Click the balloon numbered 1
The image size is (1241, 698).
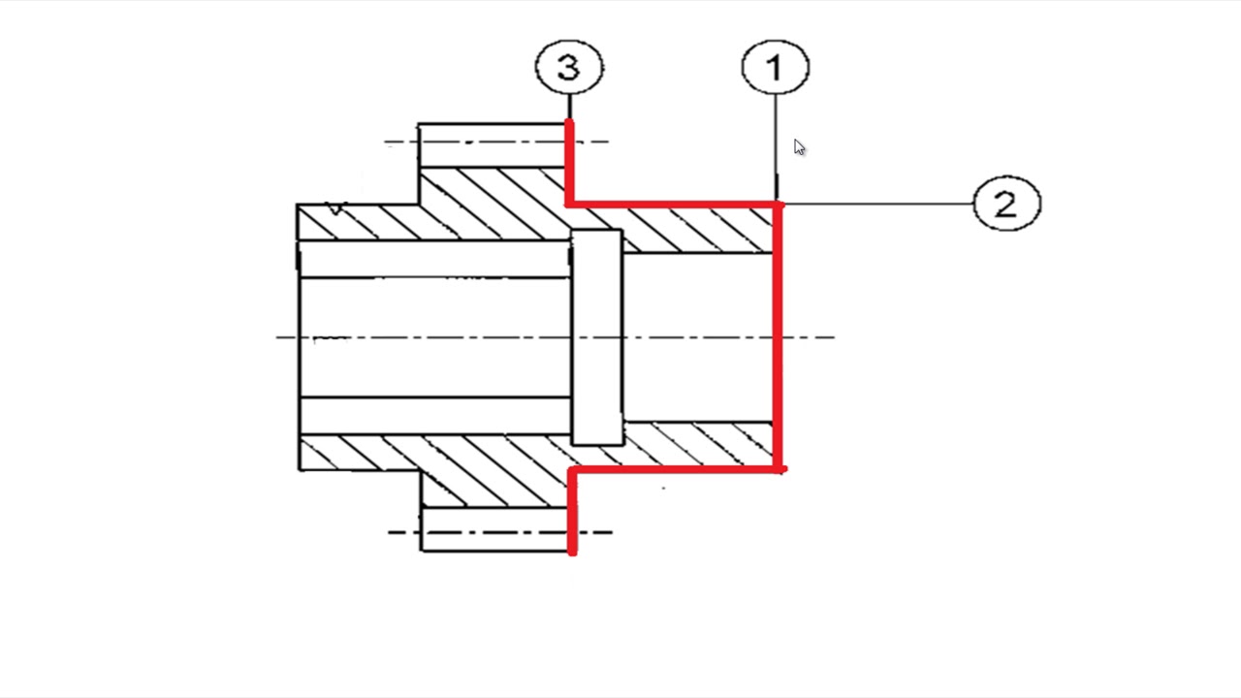[775, 67]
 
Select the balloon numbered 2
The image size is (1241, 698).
[1006, 204]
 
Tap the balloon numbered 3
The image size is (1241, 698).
[569, 67]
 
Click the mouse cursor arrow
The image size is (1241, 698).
[799, 147]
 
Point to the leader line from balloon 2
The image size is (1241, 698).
[878, 204]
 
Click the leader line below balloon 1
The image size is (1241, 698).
[776, 146]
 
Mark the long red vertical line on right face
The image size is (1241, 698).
[778, 336]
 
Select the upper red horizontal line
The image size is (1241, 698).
[674, 205]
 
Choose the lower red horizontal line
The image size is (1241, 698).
[677, 470]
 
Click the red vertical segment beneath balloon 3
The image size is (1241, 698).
[569, 162]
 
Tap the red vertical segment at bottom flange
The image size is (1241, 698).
[573, 511]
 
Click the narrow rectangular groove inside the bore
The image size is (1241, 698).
[596, 337]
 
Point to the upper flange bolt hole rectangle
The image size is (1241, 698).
[493, 145]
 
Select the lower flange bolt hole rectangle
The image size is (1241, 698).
[494, 529]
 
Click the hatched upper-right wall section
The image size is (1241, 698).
[698, 230]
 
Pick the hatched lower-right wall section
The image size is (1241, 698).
[698, 445]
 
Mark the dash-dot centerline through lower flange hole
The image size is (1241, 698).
[499, 532]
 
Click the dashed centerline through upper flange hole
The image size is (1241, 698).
[496, 142]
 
